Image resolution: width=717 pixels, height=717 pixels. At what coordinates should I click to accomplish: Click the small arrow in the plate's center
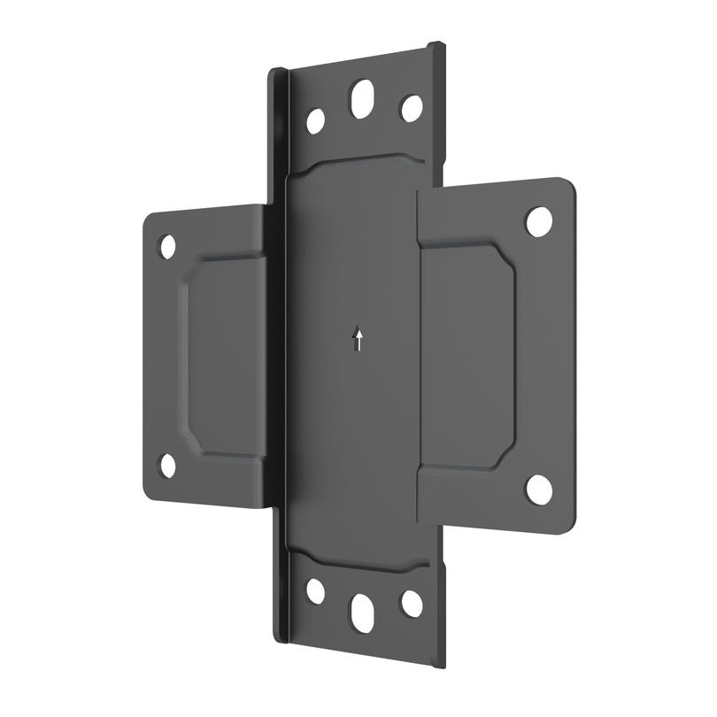[x=358, y=339]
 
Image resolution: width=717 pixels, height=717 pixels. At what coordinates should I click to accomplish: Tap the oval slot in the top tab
[x=362, y=98]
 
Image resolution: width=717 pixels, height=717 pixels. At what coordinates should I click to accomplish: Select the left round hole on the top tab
[x=315, y=120]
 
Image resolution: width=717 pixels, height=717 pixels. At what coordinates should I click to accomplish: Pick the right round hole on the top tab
[x=412, y=108]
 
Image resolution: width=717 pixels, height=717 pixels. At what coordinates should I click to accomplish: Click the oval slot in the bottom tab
[x=362, y=612]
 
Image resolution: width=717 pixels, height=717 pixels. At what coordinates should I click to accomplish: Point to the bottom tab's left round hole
[x=315, y=590]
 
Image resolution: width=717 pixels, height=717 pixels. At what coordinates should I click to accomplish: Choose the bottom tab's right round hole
[x=412, y=603]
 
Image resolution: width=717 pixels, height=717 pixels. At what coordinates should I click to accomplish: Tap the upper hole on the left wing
[x=167, y=246]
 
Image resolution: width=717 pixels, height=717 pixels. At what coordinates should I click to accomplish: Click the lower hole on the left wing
[x=167, y=464]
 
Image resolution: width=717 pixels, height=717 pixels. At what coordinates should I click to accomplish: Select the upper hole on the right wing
[x=538, y=220]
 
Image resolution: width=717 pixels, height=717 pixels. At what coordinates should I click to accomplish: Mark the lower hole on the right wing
[x=538, y=489]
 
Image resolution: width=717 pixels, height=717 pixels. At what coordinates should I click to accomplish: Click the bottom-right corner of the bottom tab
[x=443, y=664]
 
